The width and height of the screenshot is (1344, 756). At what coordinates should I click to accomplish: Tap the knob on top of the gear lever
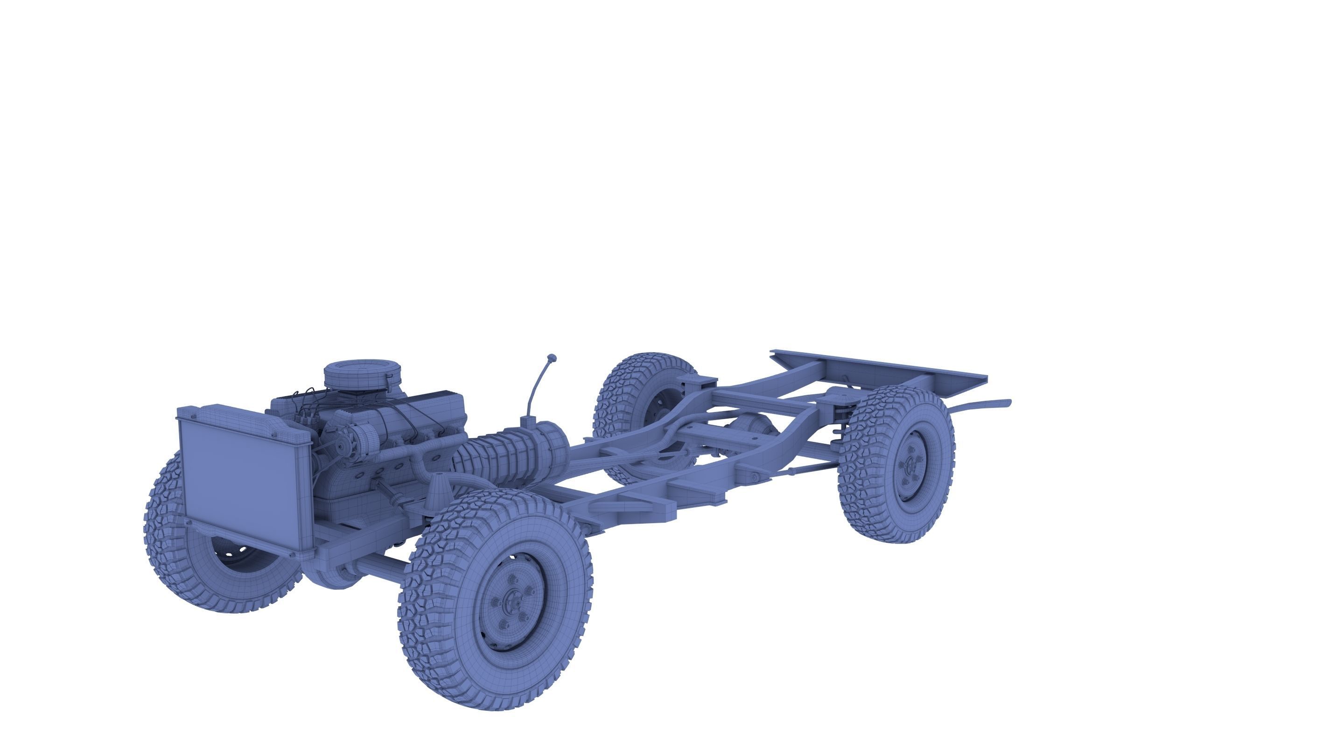coord(552,358)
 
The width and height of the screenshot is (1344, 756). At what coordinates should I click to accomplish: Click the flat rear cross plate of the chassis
coord(882,368)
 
